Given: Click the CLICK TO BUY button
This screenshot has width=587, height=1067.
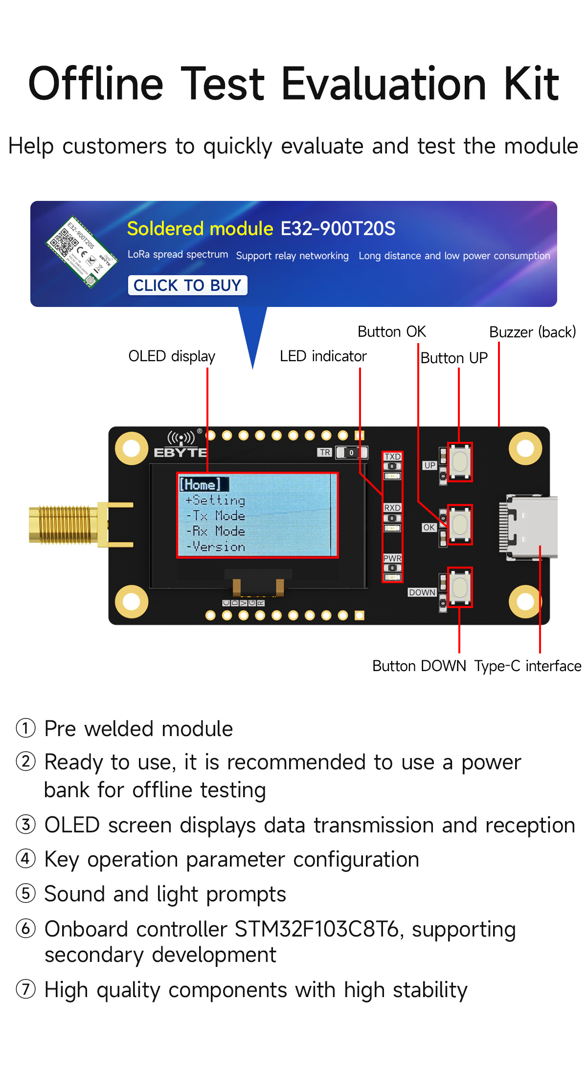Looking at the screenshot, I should pyautogui.click(x=187, y=285).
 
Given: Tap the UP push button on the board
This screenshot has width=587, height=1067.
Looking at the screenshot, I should pyautogui.click(x=460, y=462).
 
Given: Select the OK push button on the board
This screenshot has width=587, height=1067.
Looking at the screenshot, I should pyautogui.click(x=460, y=524).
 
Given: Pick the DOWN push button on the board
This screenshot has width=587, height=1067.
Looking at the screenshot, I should pyautogui.click(x=460, y=587).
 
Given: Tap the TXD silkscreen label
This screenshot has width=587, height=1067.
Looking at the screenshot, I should pyautogui.click(x=392, y=457).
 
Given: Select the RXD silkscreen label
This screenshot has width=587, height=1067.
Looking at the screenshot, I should pyautogui.click(x=392, y=508).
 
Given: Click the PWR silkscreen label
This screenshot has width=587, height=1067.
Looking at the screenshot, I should pyautogui.click(x=392, y=558).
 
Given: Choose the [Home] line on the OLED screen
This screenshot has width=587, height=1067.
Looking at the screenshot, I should pyautogui.click(x=201, y=484).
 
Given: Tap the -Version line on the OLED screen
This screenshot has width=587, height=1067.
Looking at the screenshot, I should pyautogui.click(x=216, y=546).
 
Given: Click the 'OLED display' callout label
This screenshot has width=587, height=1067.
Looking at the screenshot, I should pyautogui.click(x=172, y=356).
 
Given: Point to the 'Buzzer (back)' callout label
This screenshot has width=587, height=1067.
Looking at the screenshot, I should pyautogui.click(x=532, y=332).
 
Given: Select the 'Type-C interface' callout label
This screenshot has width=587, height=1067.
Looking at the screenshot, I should pyautogui.click(x=527, y=666).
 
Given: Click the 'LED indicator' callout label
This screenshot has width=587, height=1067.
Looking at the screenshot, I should pyautogui.click(x=323, y=356).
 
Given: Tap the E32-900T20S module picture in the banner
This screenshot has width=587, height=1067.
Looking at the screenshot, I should pyautogui.click(x=81, y=252).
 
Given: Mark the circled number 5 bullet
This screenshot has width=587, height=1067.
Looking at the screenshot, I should pyautogui.click(x=26, y=893).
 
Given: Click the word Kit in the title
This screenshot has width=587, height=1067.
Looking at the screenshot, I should pyautogui.click(x=531, y=84).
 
